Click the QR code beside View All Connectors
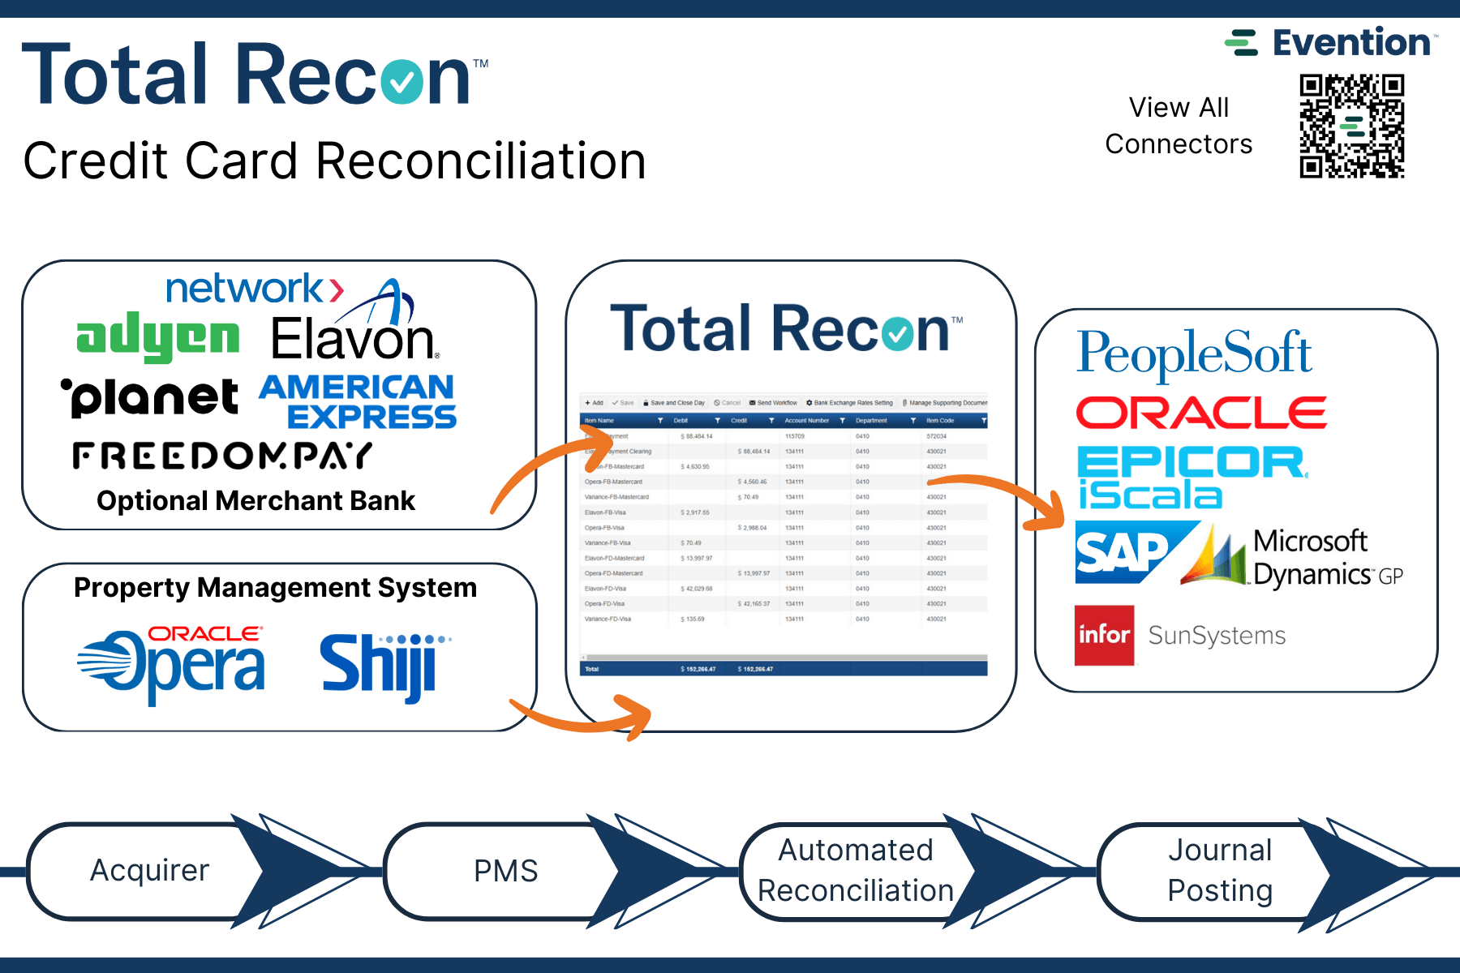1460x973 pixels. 1351,126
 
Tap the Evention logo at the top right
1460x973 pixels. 1331,43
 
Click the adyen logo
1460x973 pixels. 157,337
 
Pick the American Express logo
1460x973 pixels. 359,401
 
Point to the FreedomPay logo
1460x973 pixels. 222,456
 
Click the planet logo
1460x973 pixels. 151,397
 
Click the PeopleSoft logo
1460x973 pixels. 1194,354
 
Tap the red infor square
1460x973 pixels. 1104,635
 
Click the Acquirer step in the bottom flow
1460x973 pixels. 149,871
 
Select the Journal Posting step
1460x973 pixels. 1219,871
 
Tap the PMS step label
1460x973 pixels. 505,871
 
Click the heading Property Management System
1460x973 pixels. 275,587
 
